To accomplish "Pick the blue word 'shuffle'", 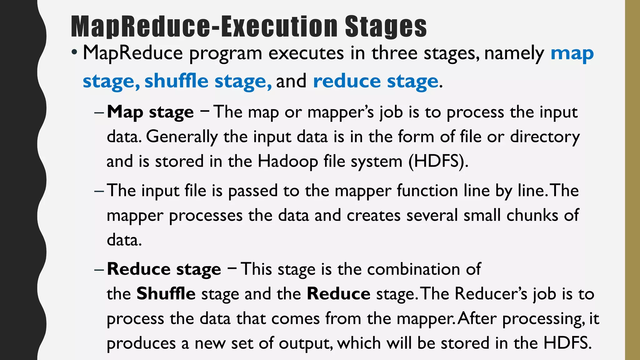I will (x=176, y=81).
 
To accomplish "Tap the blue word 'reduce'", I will (x=347, y=81).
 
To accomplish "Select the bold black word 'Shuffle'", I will (x=166, y=294).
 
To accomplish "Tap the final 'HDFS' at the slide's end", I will (x=567, y=343).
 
